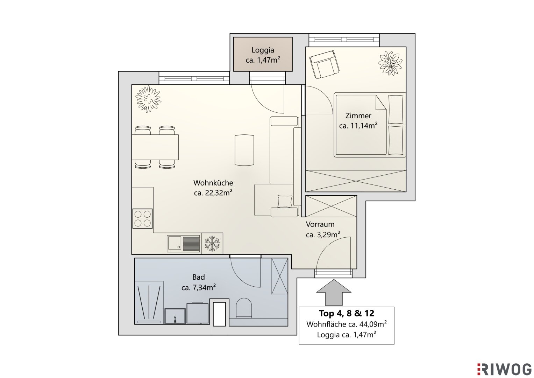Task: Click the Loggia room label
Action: click(x=263, y=50)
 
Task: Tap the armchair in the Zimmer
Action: click(x=325, y=64)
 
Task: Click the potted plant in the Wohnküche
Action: click(x=148, y=99)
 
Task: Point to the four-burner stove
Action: click(x=143, y=219)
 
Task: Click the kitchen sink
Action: click(x=183, y=244)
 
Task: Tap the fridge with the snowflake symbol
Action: click(x=212, y=243)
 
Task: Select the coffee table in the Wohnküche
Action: click(x=244, y=150)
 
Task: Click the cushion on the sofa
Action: click(x=285, y=202)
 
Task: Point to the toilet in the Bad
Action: click(x=244, y=308)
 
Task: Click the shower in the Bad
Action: click(x=149, y=303)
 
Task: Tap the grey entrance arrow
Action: click(x=334, y=293)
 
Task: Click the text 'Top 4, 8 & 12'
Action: click(x=347, y=313)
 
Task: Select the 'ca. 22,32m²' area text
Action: click(x=213, y=193)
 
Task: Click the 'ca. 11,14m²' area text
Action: click(x=358, y=126)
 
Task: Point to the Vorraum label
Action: click(x=320, y=224)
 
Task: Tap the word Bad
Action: click(x=199, y=277)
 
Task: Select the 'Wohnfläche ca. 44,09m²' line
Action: click(x=347, y=324)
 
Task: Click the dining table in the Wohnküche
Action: click(x=155, y=147)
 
